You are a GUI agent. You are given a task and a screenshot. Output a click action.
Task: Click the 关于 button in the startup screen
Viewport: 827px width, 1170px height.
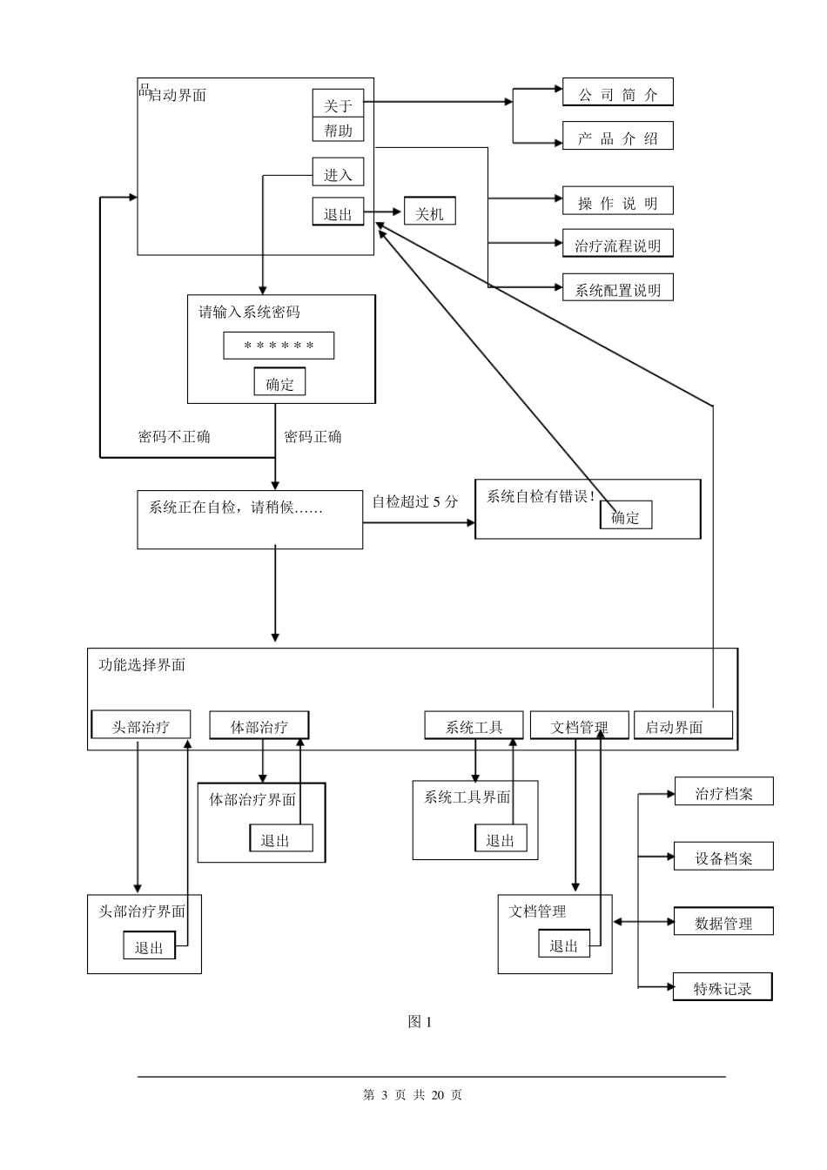click(x=338, y=104)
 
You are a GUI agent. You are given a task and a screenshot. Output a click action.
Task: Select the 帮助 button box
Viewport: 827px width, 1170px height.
click(x=338, y=130)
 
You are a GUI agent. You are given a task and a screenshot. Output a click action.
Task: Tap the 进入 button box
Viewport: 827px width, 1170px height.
click(x=338, y=173)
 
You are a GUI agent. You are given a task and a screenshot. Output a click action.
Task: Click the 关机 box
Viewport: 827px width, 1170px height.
click(x=429, y=212)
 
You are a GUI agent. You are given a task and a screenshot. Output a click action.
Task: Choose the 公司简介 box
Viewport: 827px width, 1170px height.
click(x=617, y=94)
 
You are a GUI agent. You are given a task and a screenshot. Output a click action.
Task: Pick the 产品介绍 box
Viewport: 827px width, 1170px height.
click(x=617, y=138)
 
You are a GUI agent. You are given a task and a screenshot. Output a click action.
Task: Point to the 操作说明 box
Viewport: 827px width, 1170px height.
click(x=617, y=202)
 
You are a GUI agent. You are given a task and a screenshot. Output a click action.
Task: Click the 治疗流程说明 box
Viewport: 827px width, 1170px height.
click(x=617, y=245)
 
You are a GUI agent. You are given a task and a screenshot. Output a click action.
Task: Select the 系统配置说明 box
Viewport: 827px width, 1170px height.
click(x=617, y=289)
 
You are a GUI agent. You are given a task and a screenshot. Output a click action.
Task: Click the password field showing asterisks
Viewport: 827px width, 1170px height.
click(x=279, y=346)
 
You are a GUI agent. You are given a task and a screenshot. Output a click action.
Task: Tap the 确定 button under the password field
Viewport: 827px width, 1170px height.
click(x=279, y=383)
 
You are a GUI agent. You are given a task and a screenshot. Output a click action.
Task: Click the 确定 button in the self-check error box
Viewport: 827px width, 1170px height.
click(x=625, y=516)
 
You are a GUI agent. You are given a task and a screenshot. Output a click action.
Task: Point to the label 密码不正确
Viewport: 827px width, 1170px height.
click(x=174, y=436)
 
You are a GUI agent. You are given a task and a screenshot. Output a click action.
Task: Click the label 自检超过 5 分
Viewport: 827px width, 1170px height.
click(x=414, y=501)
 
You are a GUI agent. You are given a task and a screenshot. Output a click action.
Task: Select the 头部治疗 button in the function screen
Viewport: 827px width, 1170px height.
click(x=140, y=726)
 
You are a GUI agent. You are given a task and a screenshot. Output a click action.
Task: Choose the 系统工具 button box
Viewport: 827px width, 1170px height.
click(x=474, y=726)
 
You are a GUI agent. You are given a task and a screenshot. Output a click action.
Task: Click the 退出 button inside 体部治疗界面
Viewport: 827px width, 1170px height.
click(x=275, y=839)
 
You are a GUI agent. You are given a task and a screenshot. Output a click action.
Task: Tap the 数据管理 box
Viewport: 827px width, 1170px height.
click(x=723, y=923)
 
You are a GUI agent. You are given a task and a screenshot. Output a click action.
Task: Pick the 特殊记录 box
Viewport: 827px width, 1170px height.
click(x=722, y=988)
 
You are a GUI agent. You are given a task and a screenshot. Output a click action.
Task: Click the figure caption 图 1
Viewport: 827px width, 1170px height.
click(x=420, y=1022)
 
